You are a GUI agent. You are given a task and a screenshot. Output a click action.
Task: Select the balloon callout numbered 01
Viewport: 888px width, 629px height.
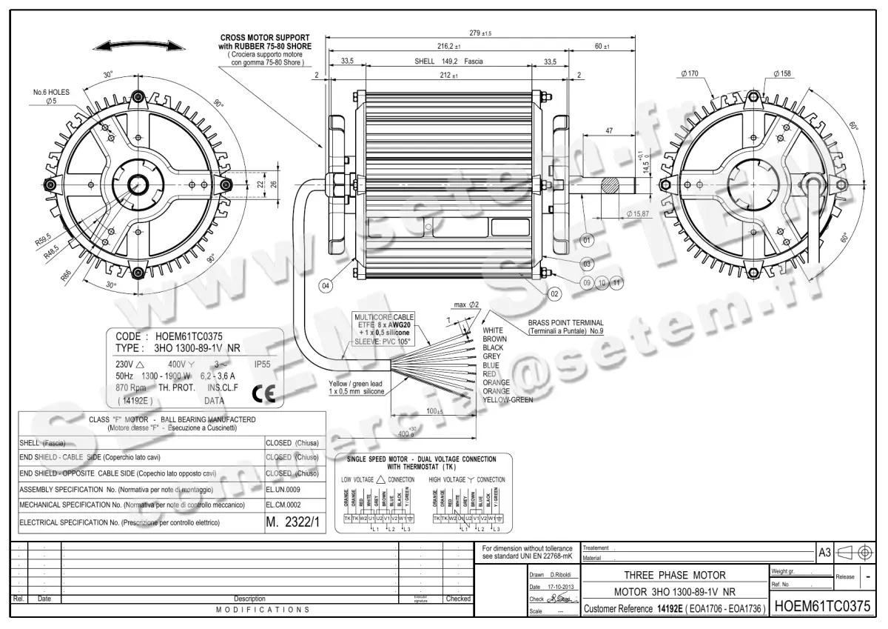pos(587,241)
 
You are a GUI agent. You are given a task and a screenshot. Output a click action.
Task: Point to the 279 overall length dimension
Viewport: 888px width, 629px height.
pos(481,33)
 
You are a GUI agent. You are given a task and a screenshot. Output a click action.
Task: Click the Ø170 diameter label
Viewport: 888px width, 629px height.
pos(689,73)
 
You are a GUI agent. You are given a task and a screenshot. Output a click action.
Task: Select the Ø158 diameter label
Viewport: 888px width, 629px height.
pos(781,73)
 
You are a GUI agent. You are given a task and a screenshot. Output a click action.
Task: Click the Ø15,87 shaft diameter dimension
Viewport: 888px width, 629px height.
pos(637,213)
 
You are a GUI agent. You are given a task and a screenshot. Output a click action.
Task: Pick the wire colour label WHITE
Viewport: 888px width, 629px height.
pos(493,330)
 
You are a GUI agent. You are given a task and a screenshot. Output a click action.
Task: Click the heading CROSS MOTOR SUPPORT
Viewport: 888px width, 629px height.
pos(264,37)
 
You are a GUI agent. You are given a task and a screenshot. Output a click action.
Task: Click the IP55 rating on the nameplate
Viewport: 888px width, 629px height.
pos(263,365)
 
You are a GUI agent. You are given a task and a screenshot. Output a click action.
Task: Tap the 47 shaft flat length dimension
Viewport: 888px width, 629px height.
pos(608,130)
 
